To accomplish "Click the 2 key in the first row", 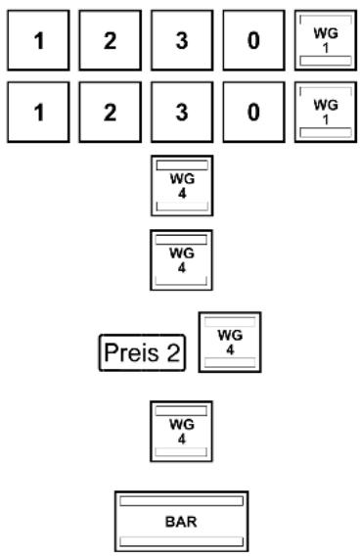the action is click(111, 40).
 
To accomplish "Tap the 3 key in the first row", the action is click(182, 40).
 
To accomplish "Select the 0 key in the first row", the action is click(253, 40).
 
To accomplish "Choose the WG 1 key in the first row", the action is click(326, 40).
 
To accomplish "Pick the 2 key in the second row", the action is click(111, 112).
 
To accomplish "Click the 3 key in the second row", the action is click(182, 112).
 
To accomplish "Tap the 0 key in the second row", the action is click(253, 112).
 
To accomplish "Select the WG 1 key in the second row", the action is click(326, 112).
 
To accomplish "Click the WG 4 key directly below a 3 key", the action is click(182, 185).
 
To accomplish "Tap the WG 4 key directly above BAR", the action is click(181, 432).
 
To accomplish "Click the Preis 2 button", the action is click(142, 352).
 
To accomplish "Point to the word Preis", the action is click(131, 352).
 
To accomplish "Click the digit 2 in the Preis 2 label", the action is click(173, 352).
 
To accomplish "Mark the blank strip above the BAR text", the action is click(181, 501).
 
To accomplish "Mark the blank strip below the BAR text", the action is click(181, 541).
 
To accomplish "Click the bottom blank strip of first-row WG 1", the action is click(326, 61).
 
